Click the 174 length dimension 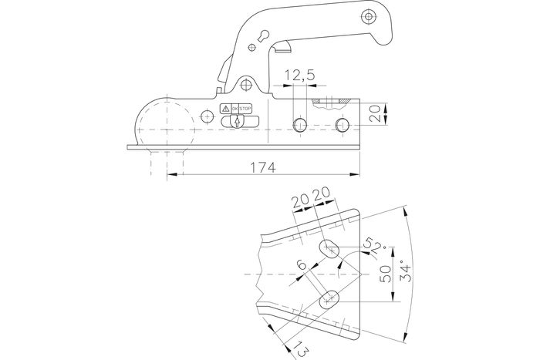tap(263, 167)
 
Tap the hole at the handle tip tap(369, 16)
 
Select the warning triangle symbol tap(226, 109)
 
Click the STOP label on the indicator tap(246, 109)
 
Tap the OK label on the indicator tap(235, 109)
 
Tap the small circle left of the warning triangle tap(206, 116)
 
